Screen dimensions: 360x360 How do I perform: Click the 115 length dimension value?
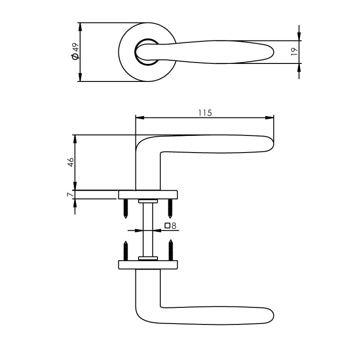click(x=205, y=113)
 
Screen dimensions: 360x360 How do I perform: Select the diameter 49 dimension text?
click(x=75, y=52)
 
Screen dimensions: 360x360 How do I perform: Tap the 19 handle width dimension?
click(x=294, y=51)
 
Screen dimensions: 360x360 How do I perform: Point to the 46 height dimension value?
click(x=71, y=162)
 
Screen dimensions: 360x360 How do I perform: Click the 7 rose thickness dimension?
click(x=69, y=194)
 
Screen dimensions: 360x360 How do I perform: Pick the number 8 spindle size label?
click(x=173, y=226)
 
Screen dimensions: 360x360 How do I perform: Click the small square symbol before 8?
click(x=167, y=226)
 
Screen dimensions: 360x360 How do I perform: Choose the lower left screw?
click(x=126, y=251)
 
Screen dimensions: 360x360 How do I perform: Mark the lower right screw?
click(x=170, y=251)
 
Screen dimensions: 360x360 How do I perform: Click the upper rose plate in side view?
click(x=148, y=194)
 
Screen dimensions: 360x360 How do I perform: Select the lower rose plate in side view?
click(x=148, y=265)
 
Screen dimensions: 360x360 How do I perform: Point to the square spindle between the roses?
click(x=148, y=229)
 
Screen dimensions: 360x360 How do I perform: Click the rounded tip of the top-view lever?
click(x=272, y=52)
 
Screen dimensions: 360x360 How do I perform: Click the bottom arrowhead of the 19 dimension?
click(x=299, y=66)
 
